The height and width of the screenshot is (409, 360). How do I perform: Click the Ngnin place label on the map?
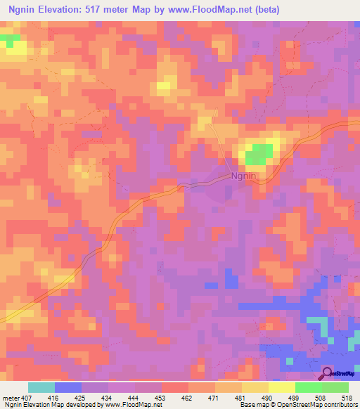[243, 177]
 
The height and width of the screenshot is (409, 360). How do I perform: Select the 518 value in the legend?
[345, 398]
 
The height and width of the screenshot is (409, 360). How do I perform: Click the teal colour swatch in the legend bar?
[41, 387]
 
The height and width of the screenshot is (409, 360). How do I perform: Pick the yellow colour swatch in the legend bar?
[282, 387]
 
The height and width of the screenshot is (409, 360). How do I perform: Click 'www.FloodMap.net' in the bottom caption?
[133, 405]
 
